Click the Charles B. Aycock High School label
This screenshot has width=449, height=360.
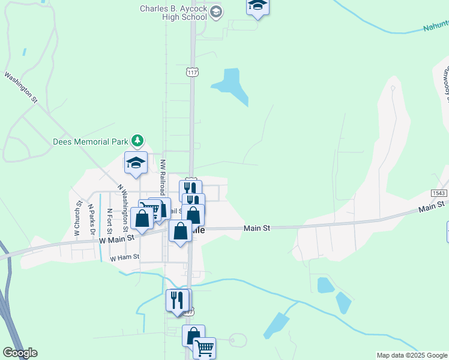pos(173,13)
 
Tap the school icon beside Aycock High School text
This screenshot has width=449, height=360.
pos(217,12)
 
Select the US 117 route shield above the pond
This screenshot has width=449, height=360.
pos(191,72)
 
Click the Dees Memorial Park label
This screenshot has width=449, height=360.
pos(91,142)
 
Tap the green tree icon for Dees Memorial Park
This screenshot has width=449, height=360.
pos(139,141)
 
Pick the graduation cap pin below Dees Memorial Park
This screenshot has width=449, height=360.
pos(136,163)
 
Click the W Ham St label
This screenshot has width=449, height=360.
pos(125,257)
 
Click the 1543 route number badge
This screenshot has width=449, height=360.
pos(439,193)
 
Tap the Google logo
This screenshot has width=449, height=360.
pos(20,353)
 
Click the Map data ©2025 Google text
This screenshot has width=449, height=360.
pos(412,355)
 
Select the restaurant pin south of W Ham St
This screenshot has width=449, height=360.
pos(177,299)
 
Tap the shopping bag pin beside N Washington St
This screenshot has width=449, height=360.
pos(142,218)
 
